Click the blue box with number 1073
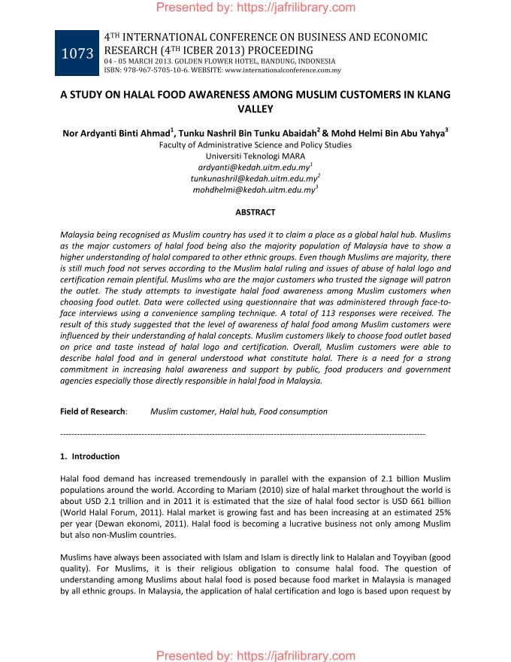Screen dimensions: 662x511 coord(78,53)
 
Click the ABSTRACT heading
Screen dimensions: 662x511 coord(255,213)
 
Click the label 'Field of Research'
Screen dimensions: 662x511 coord(92,411)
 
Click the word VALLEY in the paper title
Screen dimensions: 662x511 coord(255,109)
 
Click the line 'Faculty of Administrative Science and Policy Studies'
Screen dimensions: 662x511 coord(255,144)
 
